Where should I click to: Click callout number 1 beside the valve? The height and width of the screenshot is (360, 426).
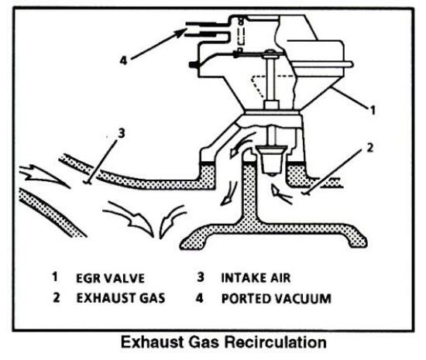coord(373,111)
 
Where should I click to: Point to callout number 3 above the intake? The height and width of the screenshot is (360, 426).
coord(120,132)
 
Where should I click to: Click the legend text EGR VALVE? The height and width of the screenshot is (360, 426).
coord(110,275)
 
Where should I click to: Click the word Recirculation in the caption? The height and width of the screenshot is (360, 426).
coord(272,340)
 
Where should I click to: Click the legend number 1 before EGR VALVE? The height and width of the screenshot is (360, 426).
coord(55,275)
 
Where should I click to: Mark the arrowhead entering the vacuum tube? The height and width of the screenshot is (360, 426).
coord(183,33)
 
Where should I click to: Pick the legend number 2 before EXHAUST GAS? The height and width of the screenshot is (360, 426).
coord(55,296)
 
